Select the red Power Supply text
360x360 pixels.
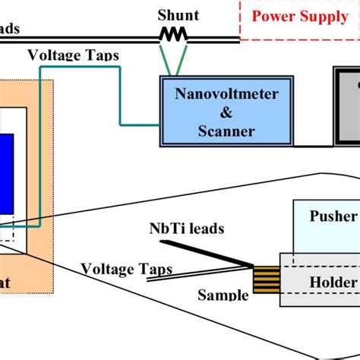click(299, 17)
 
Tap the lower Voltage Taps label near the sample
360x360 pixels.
click(126, 269)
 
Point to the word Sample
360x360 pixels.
click(223, 294)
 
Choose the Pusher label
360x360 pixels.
click(331, 216)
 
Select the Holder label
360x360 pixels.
click(332, 283)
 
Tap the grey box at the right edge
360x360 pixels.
click(347, 106)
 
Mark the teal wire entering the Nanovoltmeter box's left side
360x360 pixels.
click(141, 123)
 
